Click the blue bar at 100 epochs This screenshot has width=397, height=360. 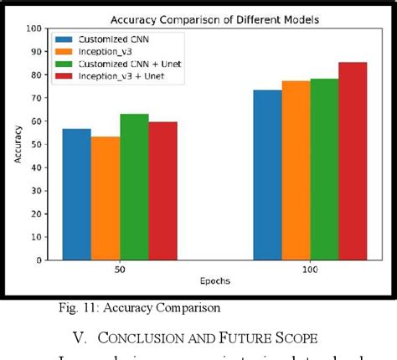pyautogui.click(x=267, y=175)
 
